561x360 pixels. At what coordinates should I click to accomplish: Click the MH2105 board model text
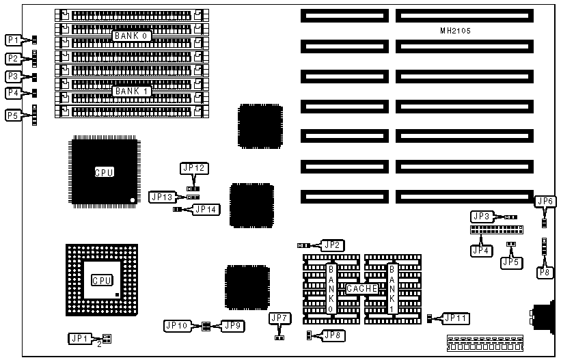tap(456, 31)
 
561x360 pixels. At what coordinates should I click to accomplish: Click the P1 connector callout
tap(14, 40)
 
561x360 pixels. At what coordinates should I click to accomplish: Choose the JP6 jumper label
tap(545, 202)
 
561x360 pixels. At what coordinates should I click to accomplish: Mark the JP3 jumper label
tap(482, 216)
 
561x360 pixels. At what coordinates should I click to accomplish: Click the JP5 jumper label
tap(510, 262)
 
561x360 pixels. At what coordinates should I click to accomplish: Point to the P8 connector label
tap(545, 273)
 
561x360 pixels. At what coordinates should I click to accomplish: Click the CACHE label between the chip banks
tap(361, 289)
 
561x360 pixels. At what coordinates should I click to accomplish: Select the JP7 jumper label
tap(279, 318)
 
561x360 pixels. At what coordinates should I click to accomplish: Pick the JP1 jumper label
tap(79, 338)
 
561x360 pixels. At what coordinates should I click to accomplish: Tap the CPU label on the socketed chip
tap(101, 281)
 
